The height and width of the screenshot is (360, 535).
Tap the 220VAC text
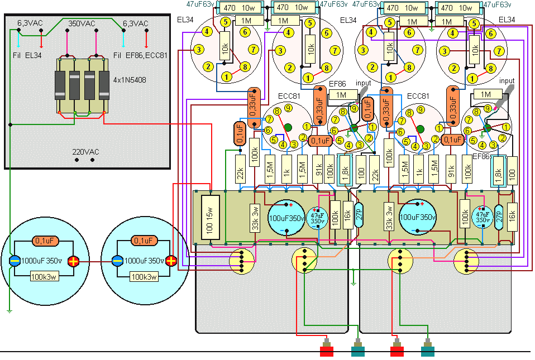85,151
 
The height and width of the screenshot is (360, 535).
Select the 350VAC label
82,24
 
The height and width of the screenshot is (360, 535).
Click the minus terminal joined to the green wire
15,261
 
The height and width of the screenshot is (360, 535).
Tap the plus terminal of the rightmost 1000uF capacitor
171,261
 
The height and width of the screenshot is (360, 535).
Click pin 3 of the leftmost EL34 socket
198,50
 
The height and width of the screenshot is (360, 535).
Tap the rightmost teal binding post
428,351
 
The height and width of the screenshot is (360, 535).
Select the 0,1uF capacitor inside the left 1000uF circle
44,241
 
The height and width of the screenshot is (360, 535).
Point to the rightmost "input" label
507,81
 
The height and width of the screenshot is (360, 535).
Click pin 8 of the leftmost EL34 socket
243,66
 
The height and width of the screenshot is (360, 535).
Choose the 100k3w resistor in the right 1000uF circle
144,276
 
